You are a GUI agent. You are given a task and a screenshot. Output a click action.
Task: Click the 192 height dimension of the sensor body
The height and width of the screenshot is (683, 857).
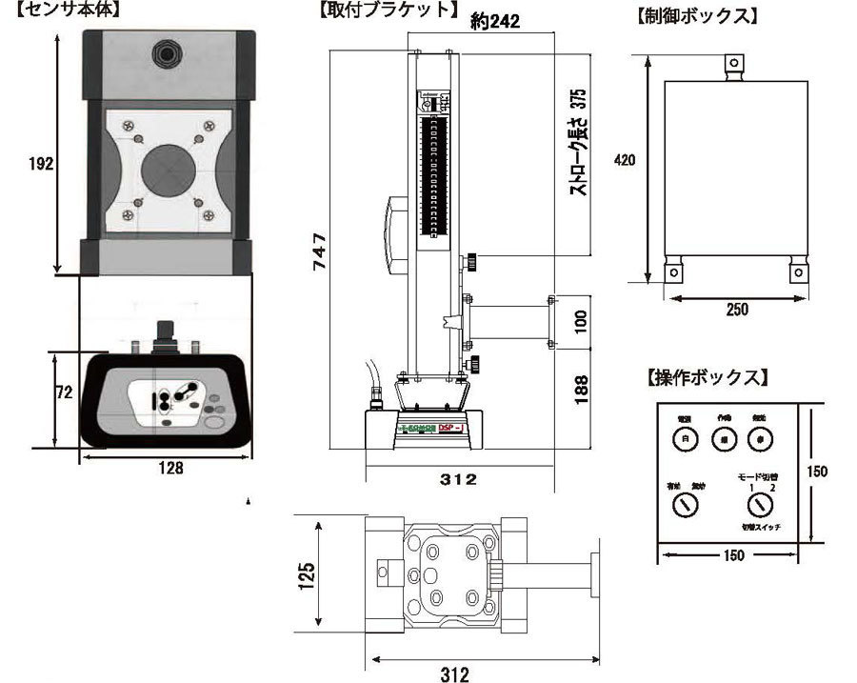(x=39, y=163)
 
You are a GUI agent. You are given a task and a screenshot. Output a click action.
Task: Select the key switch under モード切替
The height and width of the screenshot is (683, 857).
(x=759, y=505)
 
